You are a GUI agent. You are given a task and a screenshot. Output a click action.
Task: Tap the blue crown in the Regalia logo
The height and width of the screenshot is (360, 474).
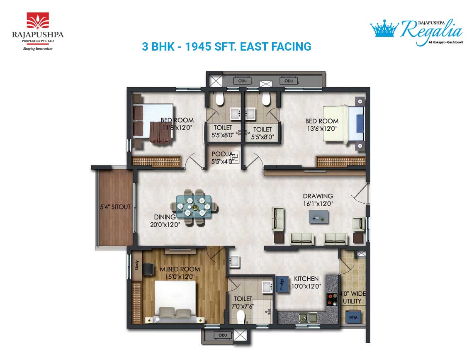(384, 28)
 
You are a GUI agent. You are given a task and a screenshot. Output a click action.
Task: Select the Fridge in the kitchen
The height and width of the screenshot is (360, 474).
(282, 285)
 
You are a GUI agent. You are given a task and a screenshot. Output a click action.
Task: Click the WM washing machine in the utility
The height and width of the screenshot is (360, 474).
(353, 317)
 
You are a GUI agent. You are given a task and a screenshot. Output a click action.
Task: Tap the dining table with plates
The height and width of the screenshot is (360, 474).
(194, 207)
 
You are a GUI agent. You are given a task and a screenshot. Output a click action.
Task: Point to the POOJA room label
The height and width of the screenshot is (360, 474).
(222, 154)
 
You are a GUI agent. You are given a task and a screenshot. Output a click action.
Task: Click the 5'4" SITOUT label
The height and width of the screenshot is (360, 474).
(115, 207)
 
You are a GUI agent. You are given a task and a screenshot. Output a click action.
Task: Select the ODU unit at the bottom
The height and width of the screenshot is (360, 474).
(223, 335)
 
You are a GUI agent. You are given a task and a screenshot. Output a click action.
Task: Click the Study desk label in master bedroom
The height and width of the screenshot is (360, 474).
(136, 265)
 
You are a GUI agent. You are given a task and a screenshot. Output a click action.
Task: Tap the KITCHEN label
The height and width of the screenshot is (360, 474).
(306, 279)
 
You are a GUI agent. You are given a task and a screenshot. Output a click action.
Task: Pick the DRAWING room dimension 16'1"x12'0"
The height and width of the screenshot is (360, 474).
(318, 204)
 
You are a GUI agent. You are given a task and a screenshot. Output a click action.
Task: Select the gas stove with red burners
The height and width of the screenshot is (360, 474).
(332, 299)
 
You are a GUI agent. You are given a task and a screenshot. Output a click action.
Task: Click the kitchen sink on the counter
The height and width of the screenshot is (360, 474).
(308, 317)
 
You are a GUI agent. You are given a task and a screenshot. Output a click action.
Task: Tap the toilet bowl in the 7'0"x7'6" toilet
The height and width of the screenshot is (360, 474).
(241, 317)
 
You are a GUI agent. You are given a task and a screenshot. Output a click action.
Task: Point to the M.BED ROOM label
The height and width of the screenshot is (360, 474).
(180, 269)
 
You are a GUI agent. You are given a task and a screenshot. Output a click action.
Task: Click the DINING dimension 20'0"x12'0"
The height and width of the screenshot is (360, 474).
(165, 224)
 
